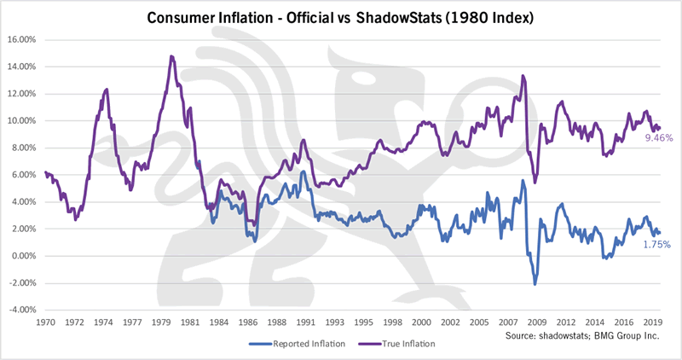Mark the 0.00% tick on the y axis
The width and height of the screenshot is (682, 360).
(x=23, y=256)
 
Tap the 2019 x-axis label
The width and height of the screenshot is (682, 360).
(x=652, y=323)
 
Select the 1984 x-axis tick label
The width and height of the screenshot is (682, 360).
(x=220, y=323)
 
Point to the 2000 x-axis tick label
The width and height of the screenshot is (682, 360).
(x=420, y=323)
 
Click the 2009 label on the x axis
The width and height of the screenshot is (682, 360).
(x=537, y=323)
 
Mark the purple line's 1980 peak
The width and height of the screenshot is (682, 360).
(x=171, y=56)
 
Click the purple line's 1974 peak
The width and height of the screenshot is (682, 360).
(x=107, y=89)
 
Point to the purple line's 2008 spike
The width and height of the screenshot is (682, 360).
(x=523, y=76)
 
